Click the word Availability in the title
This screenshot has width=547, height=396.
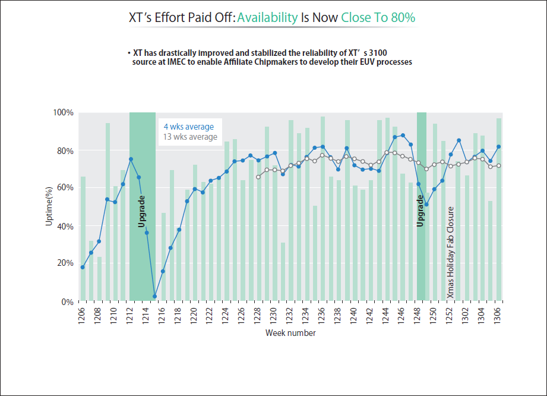point(267,17)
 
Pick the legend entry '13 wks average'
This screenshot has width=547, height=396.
point(190,137)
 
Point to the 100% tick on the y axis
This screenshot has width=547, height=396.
point(64,113)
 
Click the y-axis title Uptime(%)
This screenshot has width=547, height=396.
point(50,207)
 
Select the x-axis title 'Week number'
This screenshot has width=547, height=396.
point(290,333)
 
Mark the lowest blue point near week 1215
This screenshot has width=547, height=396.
point(154,296)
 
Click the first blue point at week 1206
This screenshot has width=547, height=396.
point(83,267)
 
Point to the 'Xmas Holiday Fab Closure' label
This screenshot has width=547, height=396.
point(451,253)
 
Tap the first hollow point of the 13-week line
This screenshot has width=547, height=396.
point(258,177)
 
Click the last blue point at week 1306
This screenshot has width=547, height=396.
point(499,147)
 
